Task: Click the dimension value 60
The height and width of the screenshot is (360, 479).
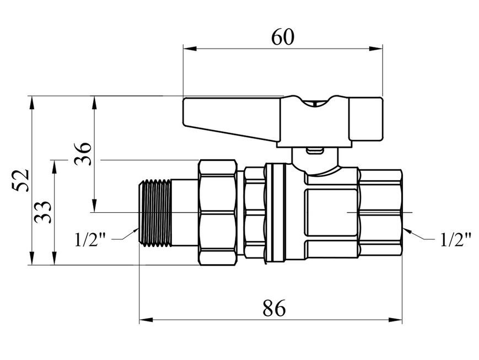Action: click(283, 37)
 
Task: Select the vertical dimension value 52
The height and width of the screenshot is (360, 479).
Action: click(21, 180)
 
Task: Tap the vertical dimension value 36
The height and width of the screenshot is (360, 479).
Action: click(83, 153)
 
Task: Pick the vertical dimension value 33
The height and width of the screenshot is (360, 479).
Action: click(43, 212)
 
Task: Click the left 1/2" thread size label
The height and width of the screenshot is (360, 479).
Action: click(90, 239)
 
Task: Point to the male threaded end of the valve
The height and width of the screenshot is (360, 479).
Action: click(154, 212)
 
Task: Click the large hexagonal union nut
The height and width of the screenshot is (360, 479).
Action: click(218, 212)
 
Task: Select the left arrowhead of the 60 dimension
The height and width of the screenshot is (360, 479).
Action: click(190, 49)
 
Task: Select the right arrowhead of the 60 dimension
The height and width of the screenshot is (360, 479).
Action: click(376, 49)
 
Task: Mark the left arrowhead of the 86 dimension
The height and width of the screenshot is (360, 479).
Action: click(146, 320)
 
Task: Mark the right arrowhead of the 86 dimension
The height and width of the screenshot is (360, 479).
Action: click(395, 320)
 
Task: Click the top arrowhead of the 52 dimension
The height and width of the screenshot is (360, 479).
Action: click(31, 103)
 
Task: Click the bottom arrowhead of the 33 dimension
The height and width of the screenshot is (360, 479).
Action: click(55, 258)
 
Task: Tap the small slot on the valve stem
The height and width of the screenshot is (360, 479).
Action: click(315, 151)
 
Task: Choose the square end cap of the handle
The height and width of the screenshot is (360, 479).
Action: click(366, 119)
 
